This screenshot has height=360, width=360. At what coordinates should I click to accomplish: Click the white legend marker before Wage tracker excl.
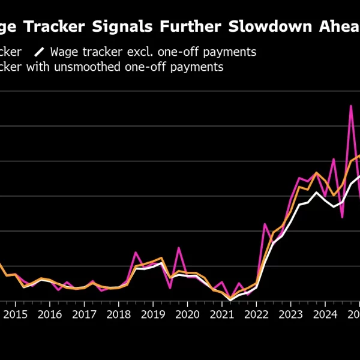(40, 52)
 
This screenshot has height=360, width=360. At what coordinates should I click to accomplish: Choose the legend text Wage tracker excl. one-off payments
(153, 52)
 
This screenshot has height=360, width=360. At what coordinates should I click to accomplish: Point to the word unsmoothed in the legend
(93, 67)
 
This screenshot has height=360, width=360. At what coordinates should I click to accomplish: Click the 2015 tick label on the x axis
(16, 314)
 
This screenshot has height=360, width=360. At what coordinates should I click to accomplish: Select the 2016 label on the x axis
(50, 314)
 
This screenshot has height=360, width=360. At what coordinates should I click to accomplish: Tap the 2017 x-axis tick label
(85, 314)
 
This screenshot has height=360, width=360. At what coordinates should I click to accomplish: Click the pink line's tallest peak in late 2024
(351, 106)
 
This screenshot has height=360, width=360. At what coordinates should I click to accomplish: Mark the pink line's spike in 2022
(265, 224)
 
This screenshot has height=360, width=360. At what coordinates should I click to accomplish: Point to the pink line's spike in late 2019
(179, 247)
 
